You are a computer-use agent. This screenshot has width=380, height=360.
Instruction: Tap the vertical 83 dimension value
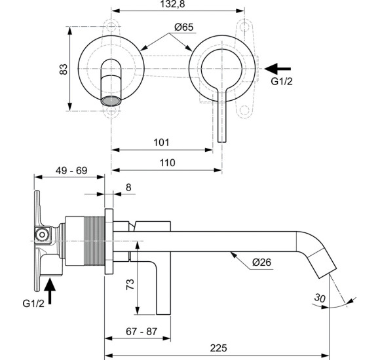(x=64, y=69)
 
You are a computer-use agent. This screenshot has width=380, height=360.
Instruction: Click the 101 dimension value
(x=161, y=142)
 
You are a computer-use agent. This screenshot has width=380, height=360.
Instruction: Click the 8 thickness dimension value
(x=128, y=187)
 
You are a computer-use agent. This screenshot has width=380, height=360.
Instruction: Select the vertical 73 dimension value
(x=129, y=284)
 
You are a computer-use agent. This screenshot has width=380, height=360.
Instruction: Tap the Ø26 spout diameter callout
(x=262, y=263)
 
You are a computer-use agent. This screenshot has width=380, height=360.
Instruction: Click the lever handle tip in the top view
(x=222, y=136)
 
